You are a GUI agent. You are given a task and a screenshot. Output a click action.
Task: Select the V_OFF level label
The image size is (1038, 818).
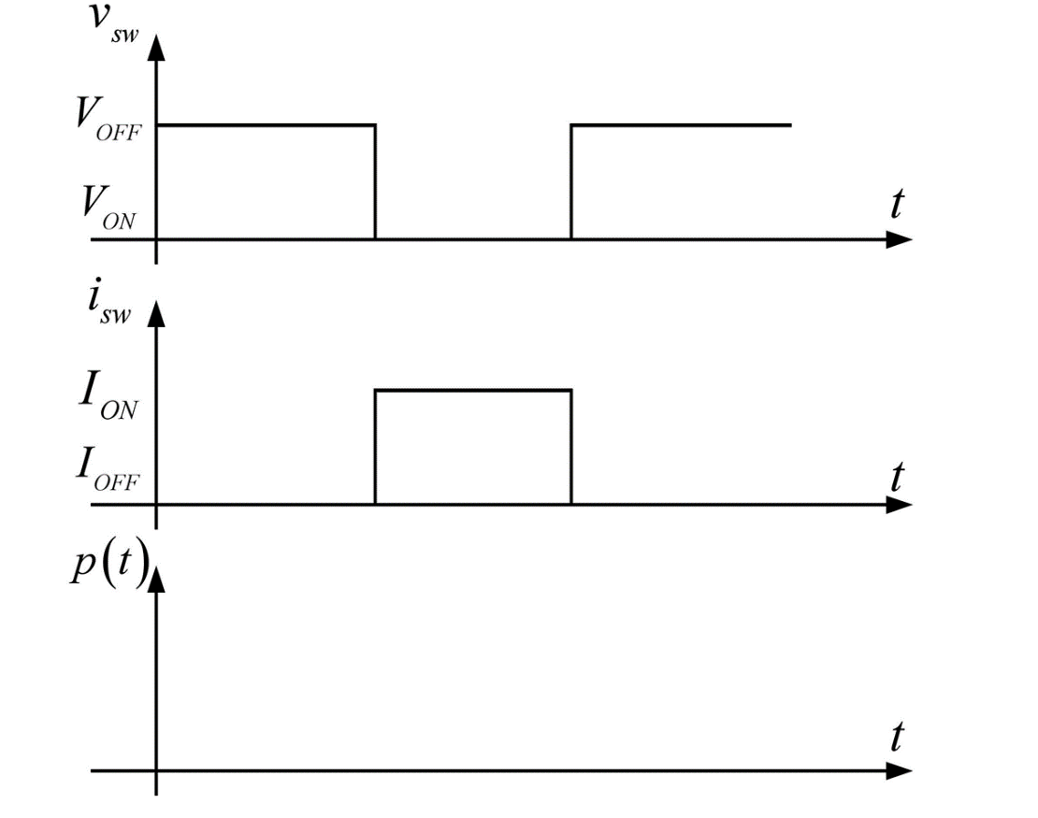tap(108, 120)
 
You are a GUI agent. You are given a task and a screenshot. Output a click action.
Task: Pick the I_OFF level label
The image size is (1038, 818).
tap(108, 469)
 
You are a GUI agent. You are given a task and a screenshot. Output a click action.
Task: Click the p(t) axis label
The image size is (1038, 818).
tap(110, 567)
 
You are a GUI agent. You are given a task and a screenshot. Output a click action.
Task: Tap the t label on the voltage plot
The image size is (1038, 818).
tap(897, 204)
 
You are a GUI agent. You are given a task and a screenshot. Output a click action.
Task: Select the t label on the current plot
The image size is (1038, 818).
tap(897, 477)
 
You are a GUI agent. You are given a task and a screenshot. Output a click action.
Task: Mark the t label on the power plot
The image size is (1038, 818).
tap(897, 737)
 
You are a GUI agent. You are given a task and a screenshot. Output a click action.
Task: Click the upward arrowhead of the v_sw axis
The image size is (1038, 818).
tap(156, 48)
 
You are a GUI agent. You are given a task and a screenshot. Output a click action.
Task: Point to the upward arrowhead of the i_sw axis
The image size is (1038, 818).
tap(156, 313)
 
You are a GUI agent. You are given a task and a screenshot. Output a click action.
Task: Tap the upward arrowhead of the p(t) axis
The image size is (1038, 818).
tap(156, 580)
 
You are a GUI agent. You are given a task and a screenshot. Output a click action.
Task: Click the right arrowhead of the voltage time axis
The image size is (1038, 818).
tap(899, 239)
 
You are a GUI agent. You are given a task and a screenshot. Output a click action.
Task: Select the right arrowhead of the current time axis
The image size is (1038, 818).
tap(899, 505)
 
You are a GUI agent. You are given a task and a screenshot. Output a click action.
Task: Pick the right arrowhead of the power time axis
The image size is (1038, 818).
tap(899, 771)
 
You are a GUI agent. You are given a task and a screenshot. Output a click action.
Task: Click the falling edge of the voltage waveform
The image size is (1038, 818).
tap(375, 182)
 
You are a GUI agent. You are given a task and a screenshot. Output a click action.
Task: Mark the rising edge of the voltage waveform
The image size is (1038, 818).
tap(571, 182)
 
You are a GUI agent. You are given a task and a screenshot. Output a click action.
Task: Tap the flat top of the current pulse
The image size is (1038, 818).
tap(473, 391)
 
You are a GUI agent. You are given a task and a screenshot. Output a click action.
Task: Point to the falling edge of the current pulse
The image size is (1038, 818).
tap(571, 448)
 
